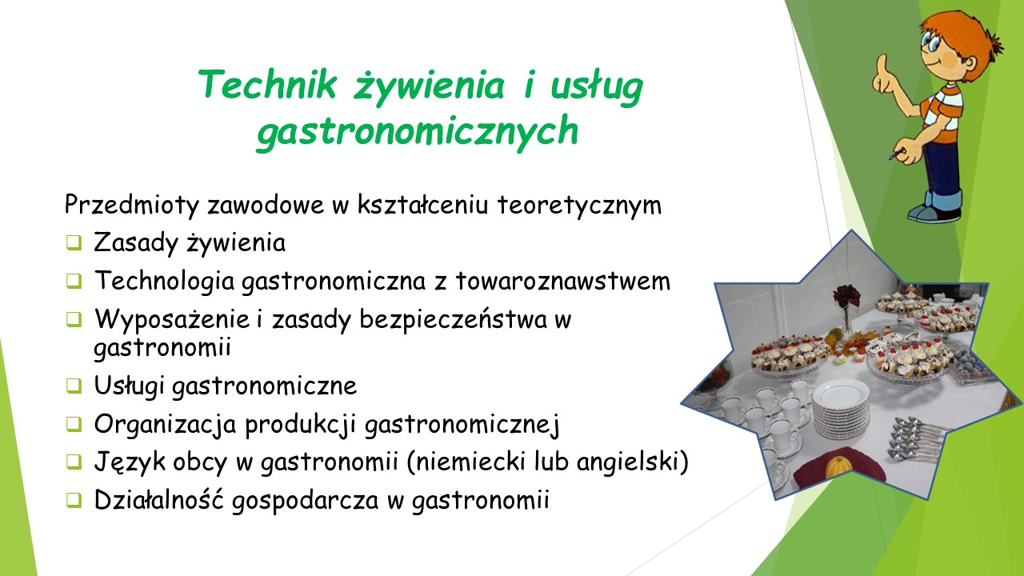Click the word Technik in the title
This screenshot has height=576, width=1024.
tap(268, 84)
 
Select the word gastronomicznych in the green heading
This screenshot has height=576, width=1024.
tap(418, 131)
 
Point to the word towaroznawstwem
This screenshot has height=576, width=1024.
tap(562, 281)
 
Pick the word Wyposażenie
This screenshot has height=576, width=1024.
tap(172, 318)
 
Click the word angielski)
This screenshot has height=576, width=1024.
tap(632, 462)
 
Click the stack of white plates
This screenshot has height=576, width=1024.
tap(842, 408)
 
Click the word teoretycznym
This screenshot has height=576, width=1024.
tap(579, 206)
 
